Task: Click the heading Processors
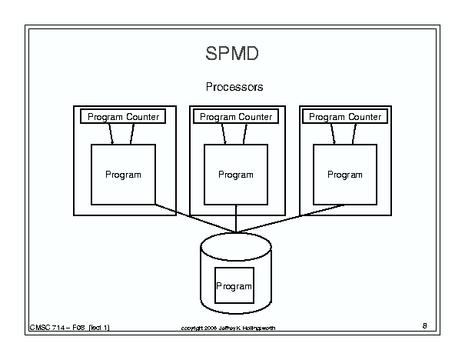tap(234, 87)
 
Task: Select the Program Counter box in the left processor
tap(124, 117)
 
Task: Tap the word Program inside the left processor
tap(123, 175)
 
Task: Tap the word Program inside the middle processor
tap(235, 175)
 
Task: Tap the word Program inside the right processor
tap(344, 175)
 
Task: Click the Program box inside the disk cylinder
tap(234, 286)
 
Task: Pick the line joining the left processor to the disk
tap(192, 218)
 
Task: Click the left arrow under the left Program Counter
tap(112, 135)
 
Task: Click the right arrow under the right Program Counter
tap(354, 135)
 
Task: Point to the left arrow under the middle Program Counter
tap(224, 135)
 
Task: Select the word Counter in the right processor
tap(364, 117)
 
